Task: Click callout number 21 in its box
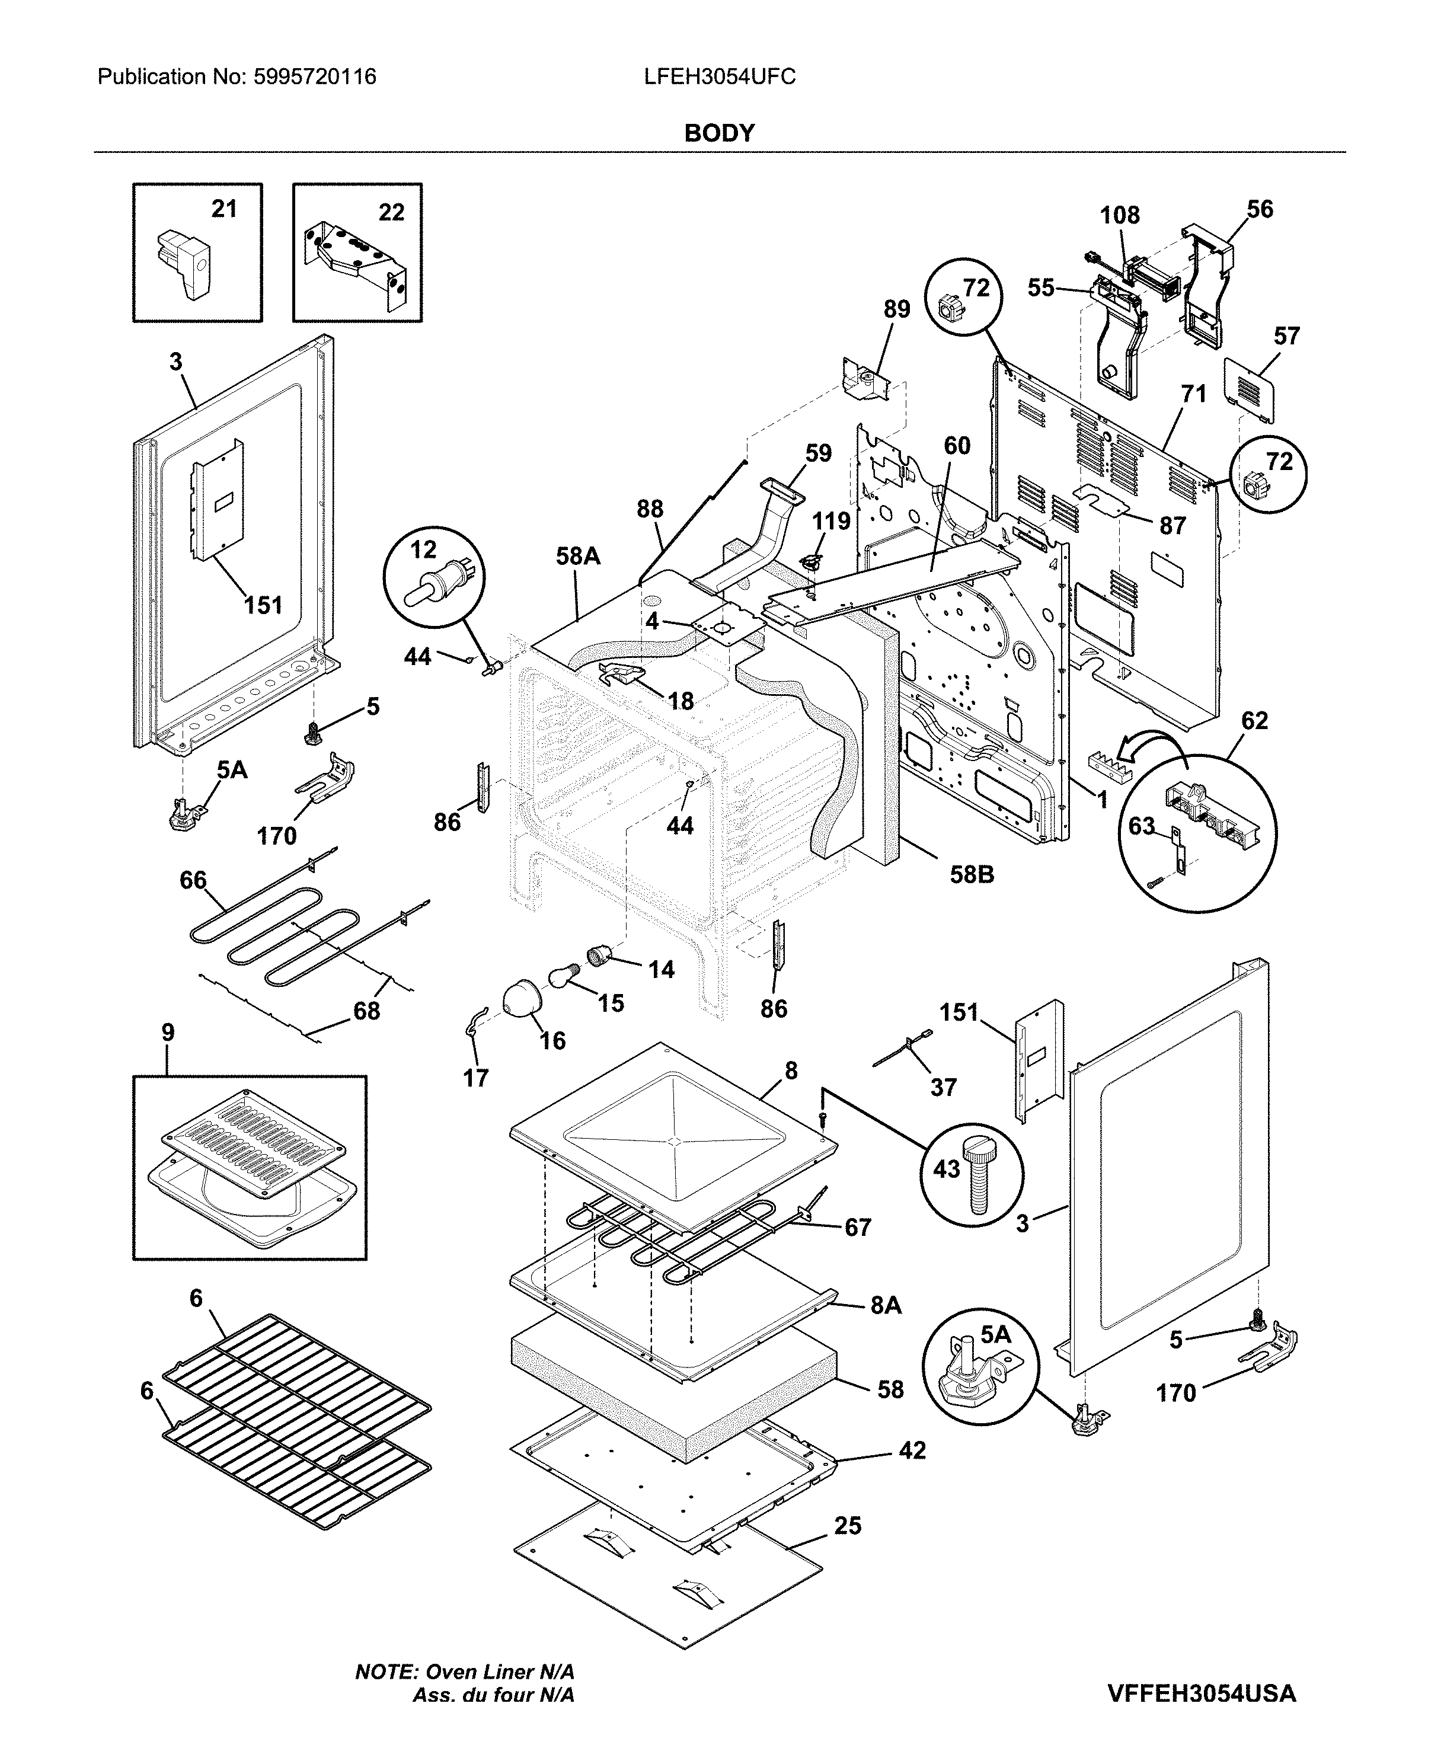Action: click(x=223, y=209)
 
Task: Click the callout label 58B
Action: click(x=972, y=875)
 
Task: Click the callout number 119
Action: click(x=831, y=522)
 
